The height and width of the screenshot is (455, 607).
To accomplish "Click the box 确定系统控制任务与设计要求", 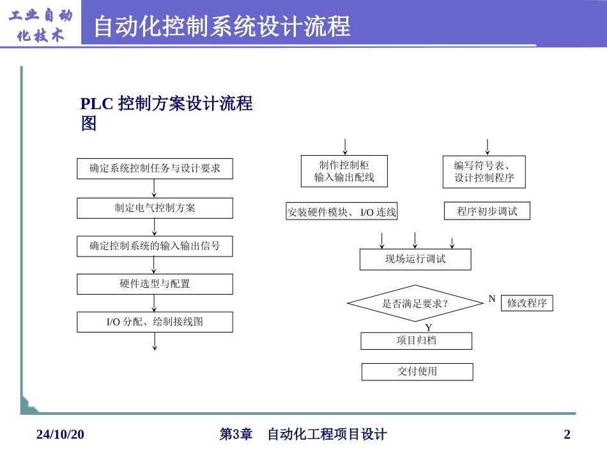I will (x=155, y=169).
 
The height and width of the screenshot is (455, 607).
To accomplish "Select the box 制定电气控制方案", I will (x=155, y=208).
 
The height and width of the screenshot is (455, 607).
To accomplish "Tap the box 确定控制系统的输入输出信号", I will (x=155, y=246).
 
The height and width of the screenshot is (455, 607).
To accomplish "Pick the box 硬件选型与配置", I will (x=155, y=284).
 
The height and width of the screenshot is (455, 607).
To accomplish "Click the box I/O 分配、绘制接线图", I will (x=155, y=322).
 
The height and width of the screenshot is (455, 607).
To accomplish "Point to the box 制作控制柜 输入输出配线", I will (x=344, y=171).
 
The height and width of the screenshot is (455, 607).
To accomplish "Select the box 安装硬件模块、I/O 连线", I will (x=341, y=212).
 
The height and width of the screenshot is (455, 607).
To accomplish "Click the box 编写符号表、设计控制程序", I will (x=484, y=172).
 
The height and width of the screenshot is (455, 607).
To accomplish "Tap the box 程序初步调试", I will (x=487, y=211).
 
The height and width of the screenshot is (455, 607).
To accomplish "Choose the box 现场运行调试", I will (x=415, y=259).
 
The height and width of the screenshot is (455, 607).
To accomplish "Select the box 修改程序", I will (x=526, y=303).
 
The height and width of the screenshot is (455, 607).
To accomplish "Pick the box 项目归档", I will (x=416, y=341).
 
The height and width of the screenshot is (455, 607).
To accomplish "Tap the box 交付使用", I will (x=417, y=371).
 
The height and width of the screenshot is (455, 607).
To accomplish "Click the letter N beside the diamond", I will (x=492, y=299).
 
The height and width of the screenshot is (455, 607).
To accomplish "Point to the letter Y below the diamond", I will (x=429, y=327).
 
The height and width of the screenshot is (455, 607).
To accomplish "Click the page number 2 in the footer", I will (x=567, y=435).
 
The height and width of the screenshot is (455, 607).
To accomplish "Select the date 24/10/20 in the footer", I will (x=60, y=435).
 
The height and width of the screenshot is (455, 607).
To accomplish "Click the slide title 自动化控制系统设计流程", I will (x=222, y=27).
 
